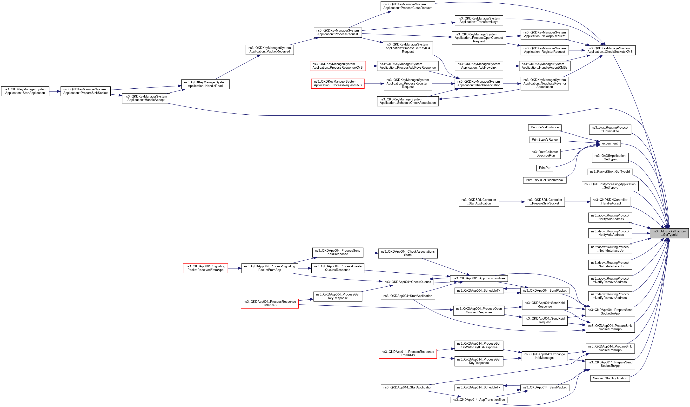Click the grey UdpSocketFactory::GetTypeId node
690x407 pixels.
669,233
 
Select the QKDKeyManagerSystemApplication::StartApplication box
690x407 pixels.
25,91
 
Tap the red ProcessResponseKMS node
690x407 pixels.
337,66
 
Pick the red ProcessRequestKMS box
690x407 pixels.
338,83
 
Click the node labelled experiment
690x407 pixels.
610,144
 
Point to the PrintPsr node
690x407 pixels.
544,168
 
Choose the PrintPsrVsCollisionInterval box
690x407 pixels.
544,180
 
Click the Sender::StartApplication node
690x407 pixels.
610,378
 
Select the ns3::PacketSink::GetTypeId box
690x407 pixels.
610,172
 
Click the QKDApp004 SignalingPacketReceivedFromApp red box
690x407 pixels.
205,268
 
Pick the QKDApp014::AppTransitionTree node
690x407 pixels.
479,400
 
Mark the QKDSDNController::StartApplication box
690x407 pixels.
479,202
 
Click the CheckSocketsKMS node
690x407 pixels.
610,50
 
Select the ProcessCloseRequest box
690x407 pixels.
408,6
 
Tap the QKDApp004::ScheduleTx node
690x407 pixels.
479,290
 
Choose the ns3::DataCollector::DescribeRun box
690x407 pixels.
544,154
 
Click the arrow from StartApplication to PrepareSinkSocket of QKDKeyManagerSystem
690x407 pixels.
55,91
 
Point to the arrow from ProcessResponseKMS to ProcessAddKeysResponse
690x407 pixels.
371,66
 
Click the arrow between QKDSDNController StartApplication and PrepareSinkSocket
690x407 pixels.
512,202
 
